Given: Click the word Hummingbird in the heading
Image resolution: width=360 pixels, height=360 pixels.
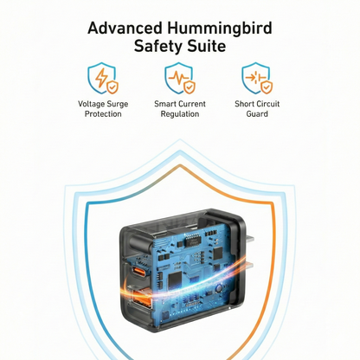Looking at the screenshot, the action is [x=220, y=29].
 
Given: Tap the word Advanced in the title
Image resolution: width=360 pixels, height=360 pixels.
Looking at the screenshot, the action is [x=125, y=29].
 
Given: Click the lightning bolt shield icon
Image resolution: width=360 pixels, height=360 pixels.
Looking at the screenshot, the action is [x=103, y=78].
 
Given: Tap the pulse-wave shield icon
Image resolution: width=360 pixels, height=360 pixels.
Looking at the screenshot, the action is [x=180, y=78].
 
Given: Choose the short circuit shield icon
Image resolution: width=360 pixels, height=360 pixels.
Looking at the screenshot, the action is [x=257, y=78].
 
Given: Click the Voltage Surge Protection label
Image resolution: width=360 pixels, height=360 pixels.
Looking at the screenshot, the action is [x=103, y=109].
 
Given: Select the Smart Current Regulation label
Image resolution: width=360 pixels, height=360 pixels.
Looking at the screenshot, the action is [x=180, y=109].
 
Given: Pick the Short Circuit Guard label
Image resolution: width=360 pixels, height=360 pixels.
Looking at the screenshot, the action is [x=257, y=109].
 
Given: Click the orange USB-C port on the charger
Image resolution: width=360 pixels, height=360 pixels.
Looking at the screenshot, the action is [x=138, y=272].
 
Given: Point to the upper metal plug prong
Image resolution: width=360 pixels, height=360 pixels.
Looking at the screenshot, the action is [x=249, y=239].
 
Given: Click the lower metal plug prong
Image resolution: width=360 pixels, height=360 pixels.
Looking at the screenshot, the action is [x=248, y=266].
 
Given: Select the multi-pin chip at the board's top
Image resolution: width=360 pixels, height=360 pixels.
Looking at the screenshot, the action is [x=192, y=241].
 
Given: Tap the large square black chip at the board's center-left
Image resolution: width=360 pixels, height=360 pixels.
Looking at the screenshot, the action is [x=175, y=280].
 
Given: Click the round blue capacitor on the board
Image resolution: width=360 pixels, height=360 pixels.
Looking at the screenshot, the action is [x=219, y=288].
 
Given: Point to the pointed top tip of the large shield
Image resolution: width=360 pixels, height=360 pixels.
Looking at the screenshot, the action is [x=180, y=139].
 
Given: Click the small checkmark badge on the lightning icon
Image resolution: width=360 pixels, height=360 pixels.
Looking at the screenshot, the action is [x=112, y=87].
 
